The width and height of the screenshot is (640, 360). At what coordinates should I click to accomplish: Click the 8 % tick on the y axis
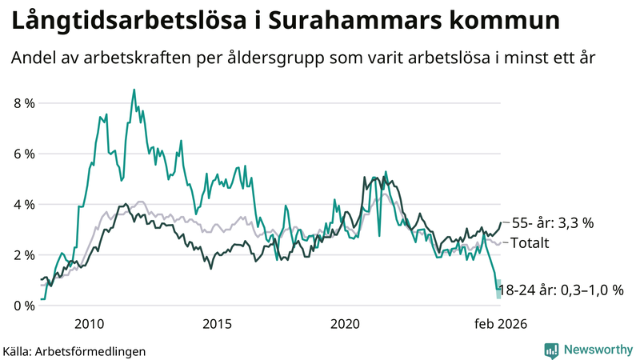pos(24,103)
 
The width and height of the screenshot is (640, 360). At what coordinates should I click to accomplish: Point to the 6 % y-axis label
pos(24,154)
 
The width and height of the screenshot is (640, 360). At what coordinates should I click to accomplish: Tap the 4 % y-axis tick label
pos(24,205)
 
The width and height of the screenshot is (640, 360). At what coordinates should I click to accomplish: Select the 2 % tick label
pos(24,255)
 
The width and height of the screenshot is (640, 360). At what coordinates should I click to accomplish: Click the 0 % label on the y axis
pos(24,306)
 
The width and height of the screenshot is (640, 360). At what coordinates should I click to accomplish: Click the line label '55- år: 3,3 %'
pos(552,223)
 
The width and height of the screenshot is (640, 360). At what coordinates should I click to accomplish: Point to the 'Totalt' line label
pos(530,242)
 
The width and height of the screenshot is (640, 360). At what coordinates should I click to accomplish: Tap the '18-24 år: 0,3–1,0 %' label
pos(560,290)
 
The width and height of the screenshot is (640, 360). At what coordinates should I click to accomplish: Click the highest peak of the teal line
pos(134,90)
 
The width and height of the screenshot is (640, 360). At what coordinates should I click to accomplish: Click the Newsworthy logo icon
pos(551,350)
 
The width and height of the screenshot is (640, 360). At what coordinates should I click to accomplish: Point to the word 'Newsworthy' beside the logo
pos(596,350)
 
